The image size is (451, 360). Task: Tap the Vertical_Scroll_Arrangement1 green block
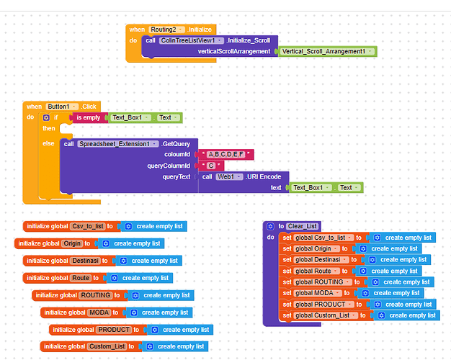pos(329,52)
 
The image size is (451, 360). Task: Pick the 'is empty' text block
pos(88,117)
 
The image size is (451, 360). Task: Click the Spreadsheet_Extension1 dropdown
pos(118,143)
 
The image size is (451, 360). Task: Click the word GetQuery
pos(177,143)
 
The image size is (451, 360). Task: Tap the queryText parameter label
pos(177,176)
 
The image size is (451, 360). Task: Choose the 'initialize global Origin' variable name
pos(72,243)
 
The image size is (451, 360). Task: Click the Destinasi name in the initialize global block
pos(84,261)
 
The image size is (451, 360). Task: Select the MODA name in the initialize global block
pos(98,312)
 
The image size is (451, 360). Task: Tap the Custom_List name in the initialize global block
pos(107,347)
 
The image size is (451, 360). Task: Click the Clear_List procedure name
pos(302,226)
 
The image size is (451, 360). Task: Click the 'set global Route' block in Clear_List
pos(312,271)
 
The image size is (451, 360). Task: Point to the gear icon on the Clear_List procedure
pos(271,226)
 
